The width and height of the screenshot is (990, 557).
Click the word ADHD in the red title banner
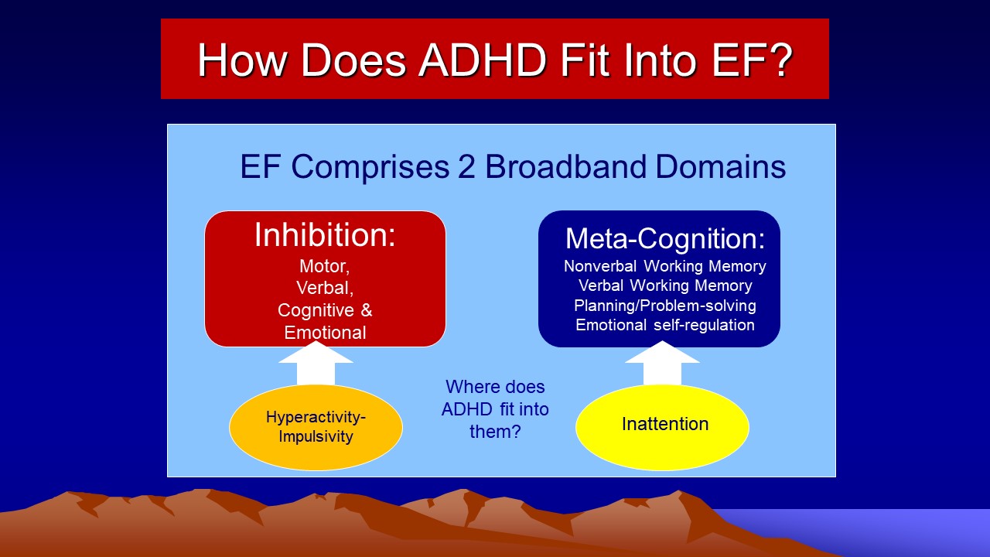(x=483, y=60)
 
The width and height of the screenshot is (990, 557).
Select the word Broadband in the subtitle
(x=566, y=166)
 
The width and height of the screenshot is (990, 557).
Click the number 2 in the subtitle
(x=466, y=166)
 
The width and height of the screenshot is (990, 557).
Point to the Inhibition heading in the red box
(x=325, y=234)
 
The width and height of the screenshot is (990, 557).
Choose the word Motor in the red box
(x=324, y=266)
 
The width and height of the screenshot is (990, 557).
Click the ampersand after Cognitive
(x=367, y=310)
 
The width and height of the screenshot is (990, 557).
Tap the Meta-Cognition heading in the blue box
(x=665, y=239)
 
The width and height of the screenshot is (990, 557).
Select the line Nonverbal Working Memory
(x=665, y=266)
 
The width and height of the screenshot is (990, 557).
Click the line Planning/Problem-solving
(x=665, y=306)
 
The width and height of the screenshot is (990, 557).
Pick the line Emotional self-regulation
(x=665, y=325)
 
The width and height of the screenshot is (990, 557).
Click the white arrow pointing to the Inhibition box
(x=316, y=364)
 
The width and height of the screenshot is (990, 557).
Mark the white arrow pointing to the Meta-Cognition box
(x=662, y=364)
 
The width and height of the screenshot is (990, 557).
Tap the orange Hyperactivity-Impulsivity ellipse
(x=316, y=427)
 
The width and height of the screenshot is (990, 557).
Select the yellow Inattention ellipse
(x=662, y=427)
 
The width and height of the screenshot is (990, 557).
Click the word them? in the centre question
(x=495, y=432)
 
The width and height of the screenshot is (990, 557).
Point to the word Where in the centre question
(x=469, y=387)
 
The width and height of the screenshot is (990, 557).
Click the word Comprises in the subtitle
(x=370, y=167)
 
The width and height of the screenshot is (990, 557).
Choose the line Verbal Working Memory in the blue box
(x=665, y=285)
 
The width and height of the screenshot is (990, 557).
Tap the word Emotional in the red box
(x=325, y=333)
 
